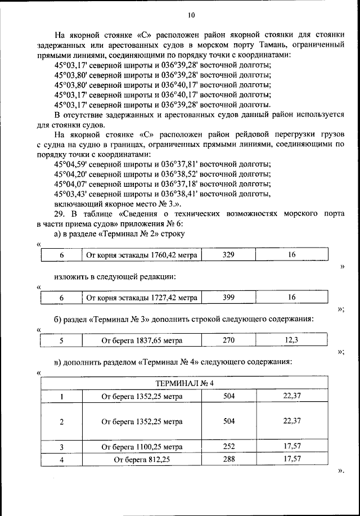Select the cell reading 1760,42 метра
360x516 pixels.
142,255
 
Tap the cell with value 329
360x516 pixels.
228,255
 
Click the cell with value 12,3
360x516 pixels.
291,340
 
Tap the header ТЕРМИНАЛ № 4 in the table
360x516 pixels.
184,384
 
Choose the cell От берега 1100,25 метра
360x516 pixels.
142,447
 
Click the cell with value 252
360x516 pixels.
229,447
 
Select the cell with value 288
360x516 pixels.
229,459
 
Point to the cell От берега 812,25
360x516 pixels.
142,459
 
